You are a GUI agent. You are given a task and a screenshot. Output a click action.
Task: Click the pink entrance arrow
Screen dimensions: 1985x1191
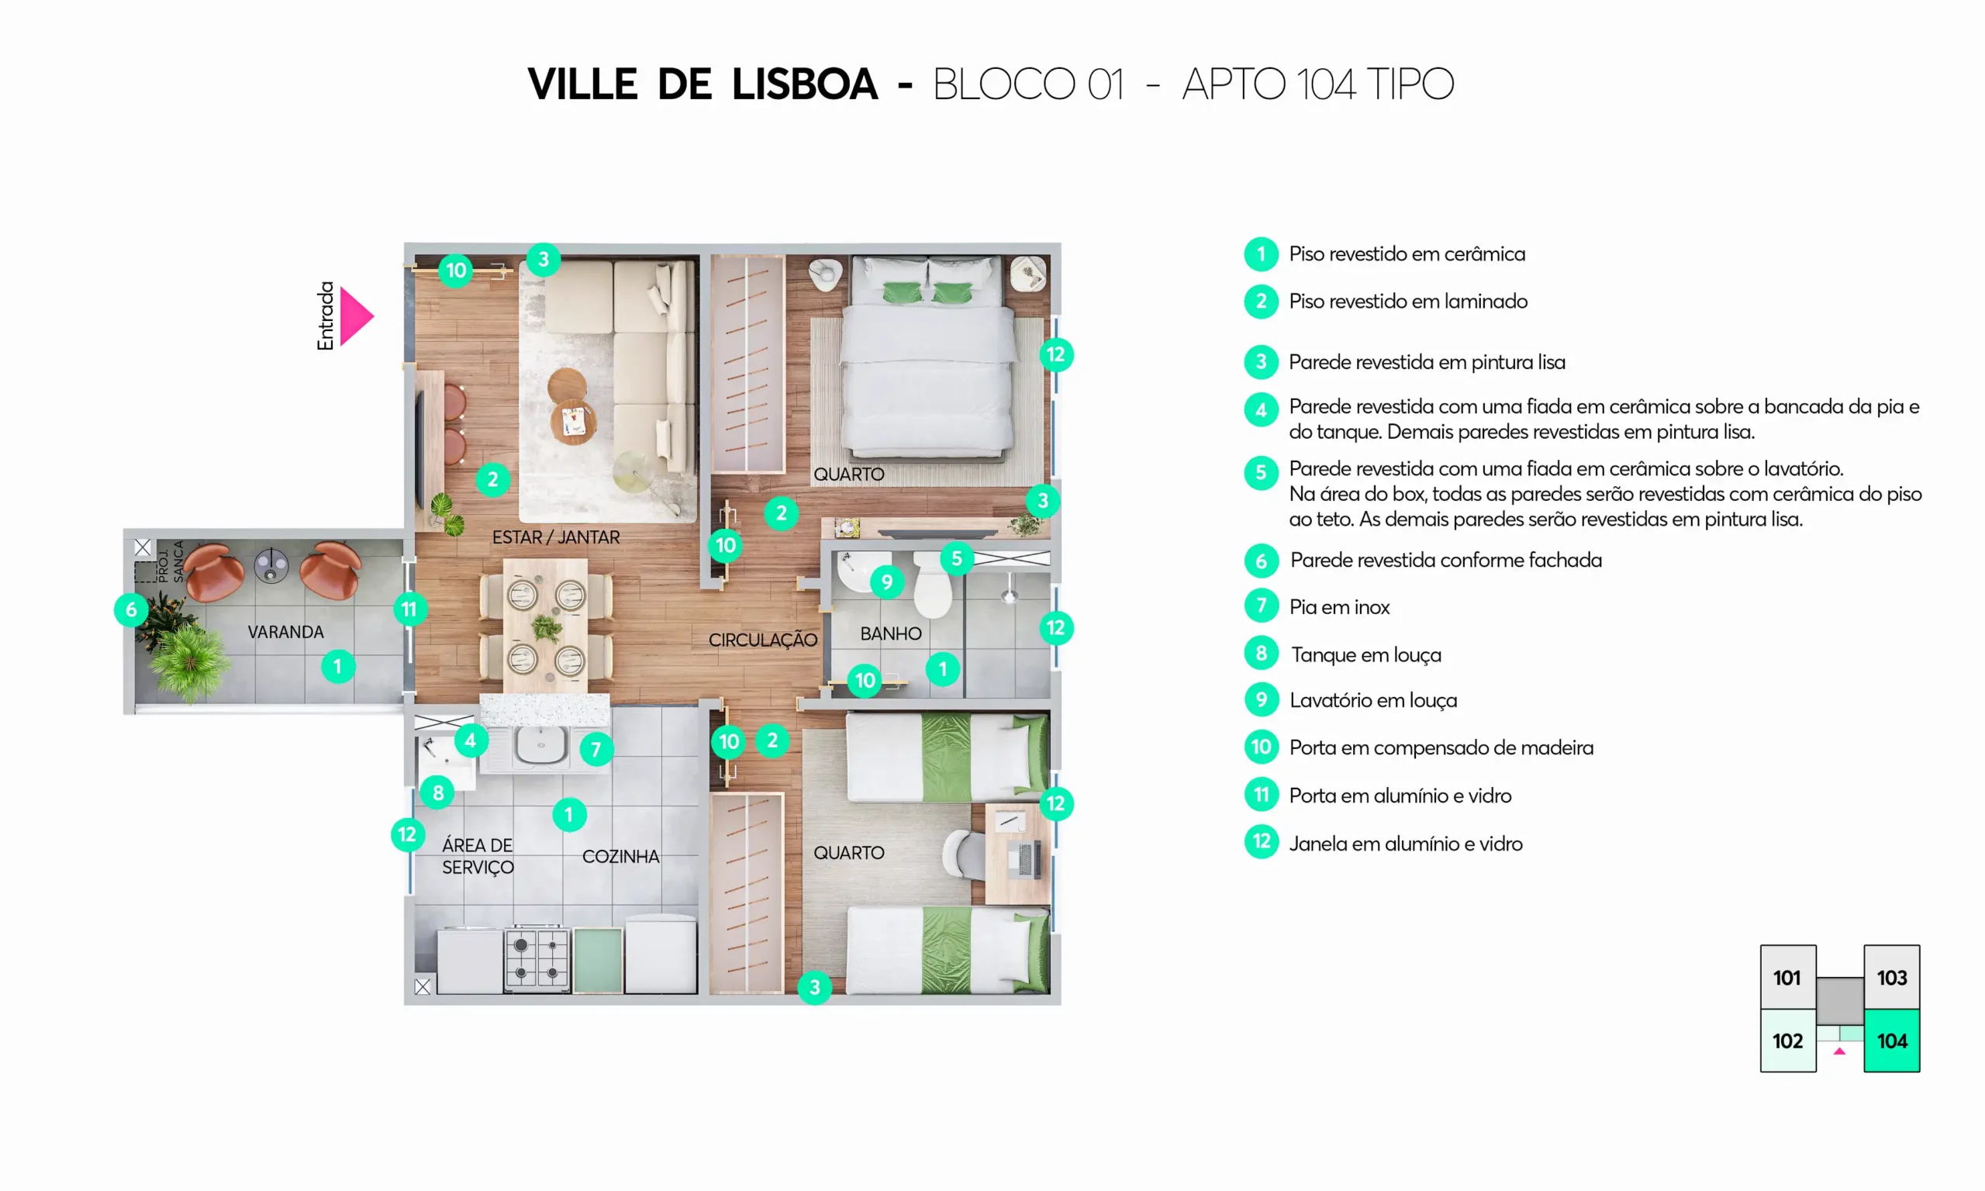pos(355,316)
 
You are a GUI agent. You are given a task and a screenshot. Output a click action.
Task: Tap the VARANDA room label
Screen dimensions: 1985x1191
pos(285,633)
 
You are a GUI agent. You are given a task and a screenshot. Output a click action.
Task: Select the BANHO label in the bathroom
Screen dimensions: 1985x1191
pos(891,634)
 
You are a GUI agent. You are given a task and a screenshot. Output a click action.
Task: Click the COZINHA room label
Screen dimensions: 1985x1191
pos(621,856)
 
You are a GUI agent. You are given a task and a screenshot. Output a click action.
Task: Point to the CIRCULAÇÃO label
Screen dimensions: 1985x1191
pos(763,640)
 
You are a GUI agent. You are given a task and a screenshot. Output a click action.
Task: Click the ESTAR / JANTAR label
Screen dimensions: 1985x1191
pos(556,537)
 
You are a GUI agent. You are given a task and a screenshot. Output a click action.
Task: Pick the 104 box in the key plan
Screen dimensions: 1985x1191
pos(1891,1040)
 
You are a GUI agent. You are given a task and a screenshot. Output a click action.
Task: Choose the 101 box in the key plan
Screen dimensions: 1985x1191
pos(1787,977)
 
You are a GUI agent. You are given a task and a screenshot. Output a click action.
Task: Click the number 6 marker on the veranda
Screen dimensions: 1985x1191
pos(132,610)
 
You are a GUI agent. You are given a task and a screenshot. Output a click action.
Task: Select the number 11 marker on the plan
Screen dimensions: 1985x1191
pos(410,609)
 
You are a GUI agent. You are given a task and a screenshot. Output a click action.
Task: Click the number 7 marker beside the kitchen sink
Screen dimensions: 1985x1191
pos(596,750)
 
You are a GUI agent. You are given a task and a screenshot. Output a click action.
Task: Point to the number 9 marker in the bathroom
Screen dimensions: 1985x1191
pos(886,582)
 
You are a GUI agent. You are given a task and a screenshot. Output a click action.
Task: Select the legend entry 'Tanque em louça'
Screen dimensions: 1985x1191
pos(1365,655)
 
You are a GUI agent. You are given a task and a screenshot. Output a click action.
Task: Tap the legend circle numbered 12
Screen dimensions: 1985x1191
pos(1262,842)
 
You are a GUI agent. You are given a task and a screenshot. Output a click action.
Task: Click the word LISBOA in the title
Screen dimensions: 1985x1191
pos(805,85)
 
